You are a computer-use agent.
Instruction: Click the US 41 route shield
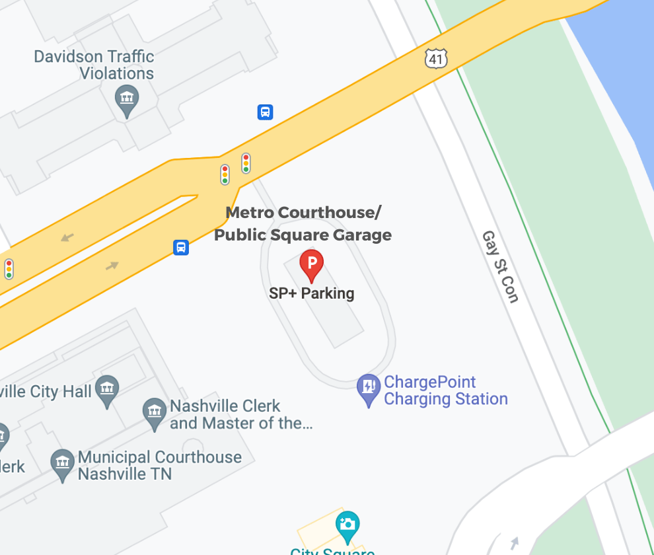(436, 59)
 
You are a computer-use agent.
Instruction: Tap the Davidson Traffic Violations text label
(94, 65)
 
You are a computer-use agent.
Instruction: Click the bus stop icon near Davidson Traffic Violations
(265, 112)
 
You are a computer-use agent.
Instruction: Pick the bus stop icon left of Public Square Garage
(181, 247)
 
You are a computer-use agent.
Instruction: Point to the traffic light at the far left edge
(9, 269)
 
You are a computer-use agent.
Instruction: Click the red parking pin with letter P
(311, 265)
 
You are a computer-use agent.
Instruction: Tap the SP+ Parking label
(311, 293)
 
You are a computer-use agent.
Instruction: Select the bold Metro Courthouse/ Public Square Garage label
(303, 224)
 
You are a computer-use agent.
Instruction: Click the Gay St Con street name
(500, 266)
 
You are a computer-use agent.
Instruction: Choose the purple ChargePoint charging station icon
(368, 389)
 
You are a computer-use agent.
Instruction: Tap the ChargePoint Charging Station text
(445, 390)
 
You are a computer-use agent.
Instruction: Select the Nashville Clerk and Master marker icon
(155, 414)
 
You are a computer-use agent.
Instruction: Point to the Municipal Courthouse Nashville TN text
(159, 465)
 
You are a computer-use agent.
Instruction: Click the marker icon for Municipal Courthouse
(63, 464)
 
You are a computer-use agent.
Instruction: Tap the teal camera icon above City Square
(347, 525)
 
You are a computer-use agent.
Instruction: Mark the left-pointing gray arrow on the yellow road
(67, 237)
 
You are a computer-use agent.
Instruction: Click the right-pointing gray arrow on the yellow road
(112, 266)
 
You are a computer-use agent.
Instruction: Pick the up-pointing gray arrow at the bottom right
(515, 542)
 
